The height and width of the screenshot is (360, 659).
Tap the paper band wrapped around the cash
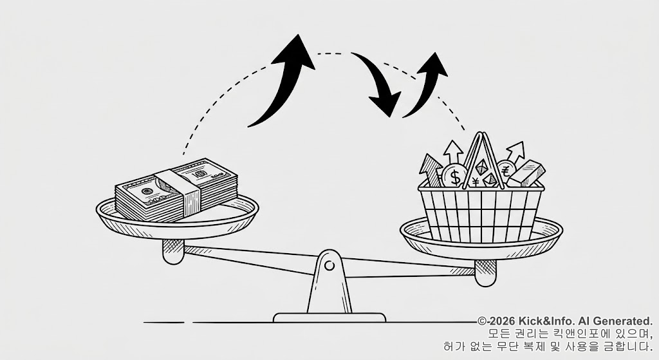coord(187,192)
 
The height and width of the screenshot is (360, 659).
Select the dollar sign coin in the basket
coord(456,175)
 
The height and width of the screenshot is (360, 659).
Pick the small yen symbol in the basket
coord(475,181)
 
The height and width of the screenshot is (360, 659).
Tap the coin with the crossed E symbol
coord(505,171)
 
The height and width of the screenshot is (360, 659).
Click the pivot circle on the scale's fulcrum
coord(329,265)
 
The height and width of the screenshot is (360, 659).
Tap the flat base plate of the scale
coord(329,317)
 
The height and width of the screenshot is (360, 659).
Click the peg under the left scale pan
coord(172,251)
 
